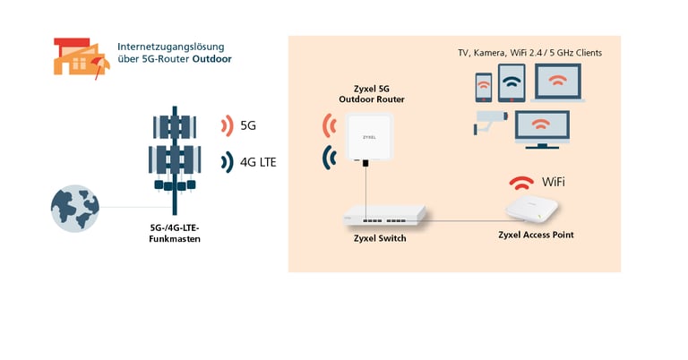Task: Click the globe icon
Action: [73, 209]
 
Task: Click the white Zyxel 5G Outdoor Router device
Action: [365, 136]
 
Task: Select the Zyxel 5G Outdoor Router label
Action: [365, 94]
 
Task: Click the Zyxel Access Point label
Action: [536, 235]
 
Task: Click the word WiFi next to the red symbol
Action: [553, 183]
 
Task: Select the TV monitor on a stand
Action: [541, 128]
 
